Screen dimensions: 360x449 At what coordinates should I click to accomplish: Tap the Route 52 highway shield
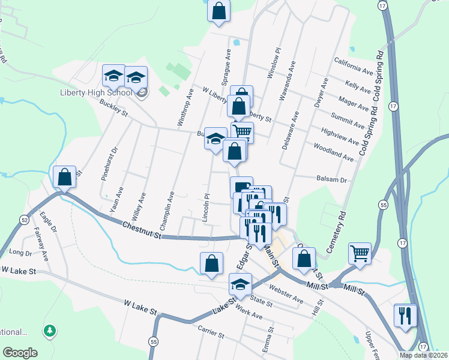[x=23, y=220]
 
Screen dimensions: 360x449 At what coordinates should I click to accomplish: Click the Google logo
[x=20, y=353]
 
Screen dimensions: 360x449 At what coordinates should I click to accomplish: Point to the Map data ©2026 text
[x=424, y=355]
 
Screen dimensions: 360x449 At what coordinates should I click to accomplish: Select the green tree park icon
[x=50, y=331]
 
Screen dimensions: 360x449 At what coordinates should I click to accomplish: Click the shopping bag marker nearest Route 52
[x=65, y=177]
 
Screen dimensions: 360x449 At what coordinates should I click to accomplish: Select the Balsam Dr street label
[x=331, y=179]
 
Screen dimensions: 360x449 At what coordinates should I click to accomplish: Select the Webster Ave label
[x=286, y=294]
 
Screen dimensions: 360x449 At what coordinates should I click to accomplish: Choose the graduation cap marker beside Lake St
[x=241, y=284]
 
